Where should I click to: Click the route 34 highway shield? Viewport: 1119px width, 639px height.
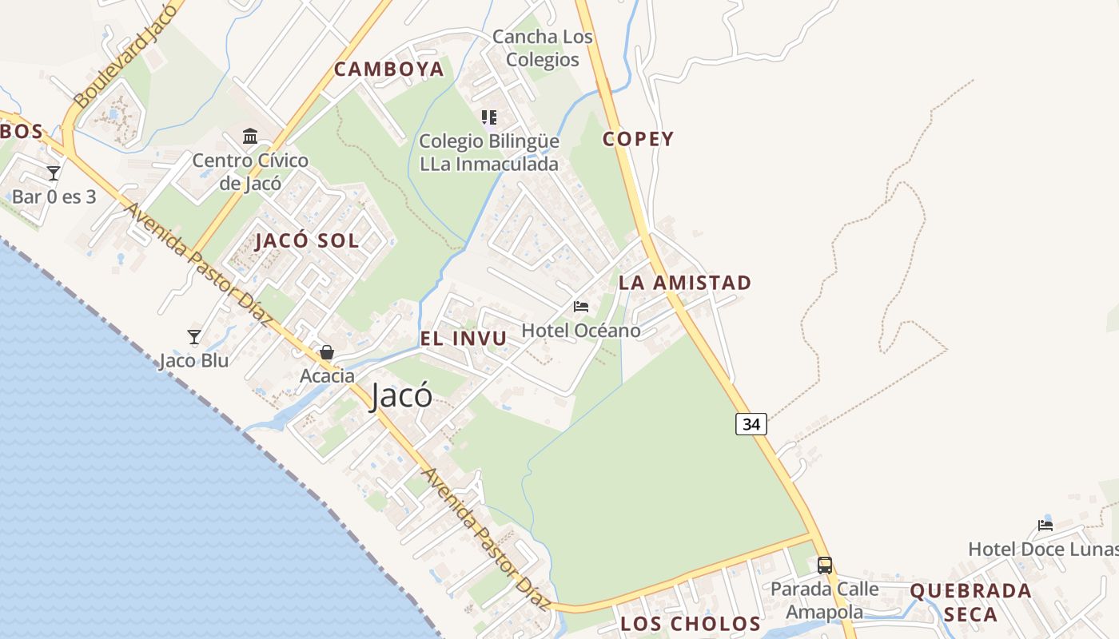[751, 424]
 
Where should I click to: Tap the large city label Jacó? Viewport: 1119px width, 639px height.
[401, 396]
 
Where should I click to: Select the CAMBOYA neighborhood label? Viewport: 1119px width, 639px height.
[388, 69]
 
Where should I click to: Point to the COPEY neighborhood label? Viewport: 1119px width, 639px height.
[638, 139]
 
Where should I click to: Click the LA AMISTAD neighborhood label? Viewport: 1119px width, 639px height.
[685, 283]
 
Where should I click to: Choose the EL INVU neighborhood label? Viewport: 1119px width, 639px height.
[464, 339]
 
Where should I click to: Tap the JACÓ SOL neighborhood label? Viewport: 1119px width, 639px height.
[307, 241]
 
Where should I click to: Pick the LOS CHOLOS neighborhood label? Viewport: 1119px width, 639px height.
[691, 623]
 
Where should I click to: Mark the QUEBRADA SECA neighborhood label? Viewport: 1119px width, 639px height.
[970, 602]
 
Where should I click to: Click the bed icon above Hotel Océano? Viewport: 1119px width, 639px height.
[581, 307]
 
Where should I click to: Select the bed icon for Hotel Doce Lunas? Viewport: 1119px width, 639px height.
[1045, 525]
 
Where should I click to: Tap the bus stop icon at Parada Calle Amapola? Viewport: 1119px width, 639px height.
[825, 566]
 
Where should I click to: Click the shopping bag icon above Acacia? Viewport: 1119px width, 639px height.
[327, 352]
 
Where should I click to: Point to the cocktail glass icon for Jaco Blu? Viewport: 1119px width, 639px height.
[193, 337]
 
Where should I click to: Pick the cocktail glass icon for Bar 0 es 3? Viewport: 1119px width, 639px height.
[54, 173]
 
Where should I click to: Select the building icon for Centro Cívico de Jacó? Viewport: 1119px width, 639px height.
[250, 137]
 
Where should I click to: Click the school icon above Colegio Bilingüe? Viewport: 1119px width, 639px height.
[489, 118]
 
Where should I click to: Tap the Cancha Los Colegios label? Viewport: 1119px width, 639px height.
[543, 48]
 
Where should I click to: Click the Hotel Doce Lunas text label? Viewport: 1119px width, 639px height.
[1042, 550]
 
